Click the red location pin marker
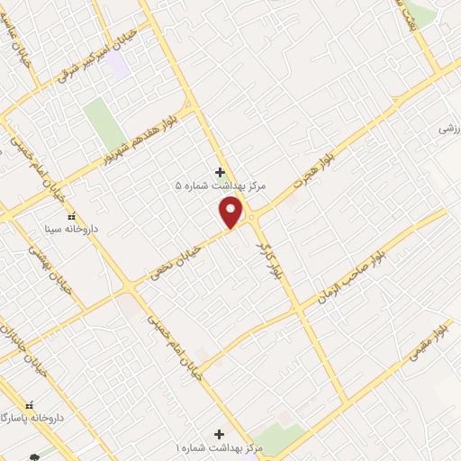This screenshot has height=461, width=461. click(232, 212)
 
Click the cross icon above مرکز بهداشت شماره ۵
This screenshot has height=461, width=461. click(220, 171)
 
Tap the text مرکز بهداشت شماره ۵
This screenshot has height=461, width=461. click(207, 186)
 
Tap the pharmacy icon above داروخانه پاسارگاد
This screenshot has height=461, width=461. click(31, 406)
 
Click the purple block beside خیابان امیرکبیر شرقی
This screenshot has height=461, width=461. click(119, 63)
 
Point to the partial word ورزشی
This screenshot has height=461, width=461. click(448, 129)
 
